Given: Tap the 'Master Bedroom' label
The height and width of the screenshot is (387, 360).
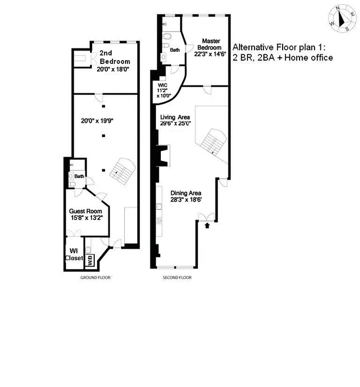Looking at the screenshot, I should pyautogui.click(x=212, y=44).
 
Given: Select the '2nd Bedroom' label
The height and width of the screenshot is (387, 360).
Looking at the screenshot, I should pyautogui.click(x=115, y=58).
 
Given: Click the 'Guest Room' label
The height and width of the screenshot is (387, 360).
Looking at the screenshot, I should pyautogui.click(x=86, y=211).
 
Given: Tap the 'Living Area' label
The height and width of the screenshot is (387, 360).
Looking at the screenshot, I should pyautogui.click(x=175, y=117).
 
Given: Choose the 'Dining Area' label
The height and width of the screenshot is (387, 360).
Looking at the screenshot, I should pyautogui.click(x=185, y=193).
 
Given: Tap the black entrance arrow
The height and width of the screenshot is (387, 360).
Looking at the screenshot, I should pyautogui.click(x=208, y=225).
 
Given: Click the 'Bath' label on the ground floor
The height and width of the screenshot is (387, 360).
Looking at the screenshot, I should pyautogui.click(x=79, y=177).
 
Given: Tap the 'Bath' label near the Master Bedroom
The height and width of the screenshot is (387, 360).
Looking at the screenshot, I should pyautogui.click(x=174, y=50).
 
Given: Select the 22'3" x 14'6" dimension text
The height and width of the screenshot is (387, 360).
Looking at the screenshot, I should pyautogui.click(x=210, y=54).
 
